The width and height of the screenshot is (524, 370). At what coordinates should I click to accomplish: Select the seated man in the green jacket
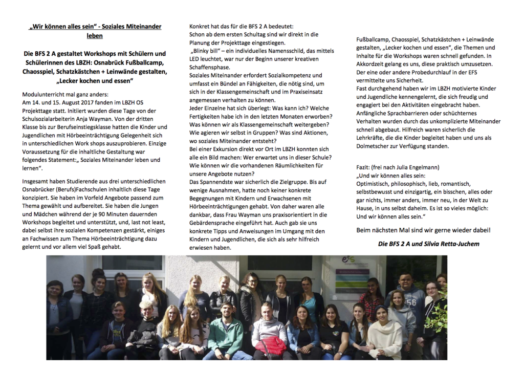pyautogui.click(x=226, y=333)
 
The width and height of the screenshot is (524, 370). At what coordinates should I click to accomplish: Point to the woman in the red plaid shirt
pyautogui.click(x=373, y=297)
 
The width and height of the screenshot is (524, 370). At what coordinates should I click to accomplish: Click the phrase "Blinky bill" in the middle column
pyautogui.click(x=207, y=51)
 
